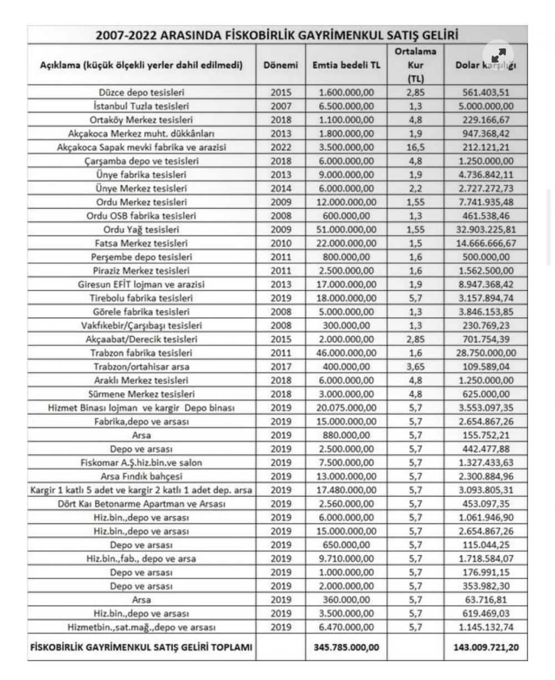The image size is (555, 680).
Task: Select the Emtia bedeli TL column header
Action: [347, 65]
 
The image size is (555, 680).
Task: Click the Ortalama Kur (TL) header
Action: [415, 65]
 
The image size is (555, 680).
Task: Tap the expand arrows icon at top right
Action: [498, 56]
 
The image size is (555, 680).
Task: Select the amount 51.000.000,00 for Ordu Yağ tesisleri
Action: [347, 229]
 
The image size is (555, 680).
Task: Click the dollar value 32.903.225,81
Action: [486, 229]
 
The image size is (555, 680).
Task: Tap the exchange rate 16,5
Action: [415, 147]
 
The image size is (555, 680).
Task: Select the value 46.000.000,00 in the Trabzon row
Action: [347, 353]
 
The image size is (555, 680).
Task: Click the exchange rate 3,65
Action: [415, 367]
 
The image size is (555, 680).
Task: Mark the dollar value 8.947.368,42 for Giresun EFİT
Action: [486, 284]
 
